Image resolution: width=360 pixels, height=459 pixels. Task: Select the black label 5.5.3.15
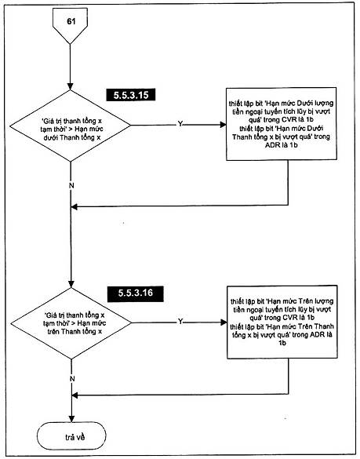tap(131, 95)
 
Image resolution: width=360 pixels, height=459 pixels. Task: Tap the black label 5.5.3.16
tap(136, 293)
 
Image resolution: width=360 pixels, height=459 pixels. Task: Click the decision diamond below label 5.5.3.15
tap(71, 126)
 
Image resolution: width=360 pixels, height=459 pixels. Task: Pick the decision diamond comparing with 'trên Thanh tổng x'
tap(71, 323)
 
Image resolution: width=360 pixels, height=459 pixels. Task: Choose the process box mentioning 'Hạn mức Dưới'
tap(282, 124)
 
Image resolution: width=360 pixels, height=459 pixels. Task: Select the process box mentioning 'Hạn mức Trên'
tap(282, 322)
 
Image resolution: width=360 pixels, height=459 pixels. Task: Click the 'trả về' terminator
tap(71, 437)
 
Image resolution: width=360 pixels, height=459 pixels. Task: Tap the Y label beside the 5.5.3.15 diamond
tap(180, 124)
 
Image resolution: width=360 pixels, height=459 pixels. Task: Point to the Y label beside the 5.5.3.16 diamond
tap(180, 322)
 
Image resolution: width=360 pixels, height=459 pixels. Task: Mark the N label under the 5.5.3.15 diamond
tap(71, 186)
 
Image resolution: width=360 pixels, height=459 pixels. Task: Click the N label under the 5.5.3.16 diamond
tap(72, 379)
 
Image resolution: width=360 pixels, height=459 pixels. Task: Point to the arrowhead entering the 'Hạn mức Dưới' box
tap(223, 125)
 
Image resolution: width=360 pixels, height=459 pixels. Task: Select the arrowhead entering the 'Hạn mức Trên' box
tap(224, 322)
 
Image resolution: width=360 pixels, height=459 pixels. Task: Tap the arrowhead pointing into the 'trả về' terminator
tap(71, 419)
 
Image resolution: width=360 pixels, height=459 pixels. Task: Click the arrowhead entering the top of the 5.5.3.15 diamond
tap(71, 86)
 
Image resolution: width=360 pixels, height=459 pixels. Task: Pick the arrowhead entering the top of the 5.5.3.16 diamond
tap(71, 284)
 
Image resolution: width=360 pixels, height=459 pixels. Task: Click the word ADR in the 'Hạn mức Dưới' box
tap(272, 145)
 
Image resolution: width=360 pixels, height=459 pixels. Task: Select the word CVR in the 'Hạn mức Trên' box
tap(290, 318)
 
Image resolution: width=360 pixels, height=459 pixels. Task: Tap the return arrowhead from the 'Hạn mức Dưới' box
tap(75, 206)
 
